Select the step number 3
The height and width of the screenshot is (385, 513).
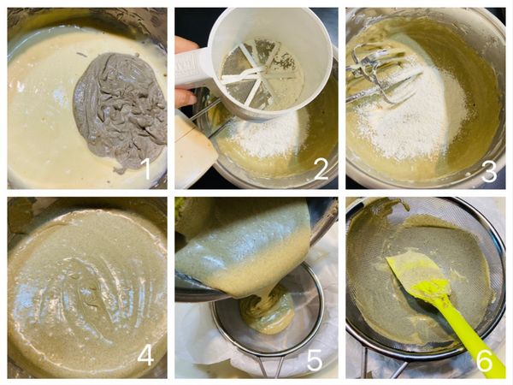click(x=488, y=169)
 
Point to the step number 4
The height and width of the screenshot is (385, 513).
click(x=146, y=353)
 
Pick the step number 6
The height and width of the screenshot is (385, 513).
click(x=484, y=359)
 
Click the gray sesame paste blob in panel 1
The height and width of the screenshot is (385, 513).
click(x=120, y=107)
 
